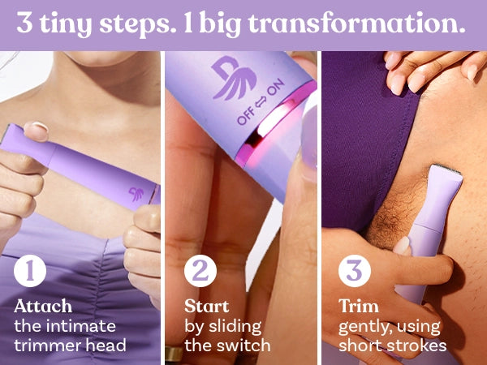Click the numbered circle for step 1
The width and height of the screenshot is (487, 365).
(30, 271)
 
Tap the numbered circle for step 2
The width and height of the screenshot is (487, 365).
(200, 271)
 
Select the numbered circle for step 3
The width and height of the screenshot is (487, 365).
(355, 271)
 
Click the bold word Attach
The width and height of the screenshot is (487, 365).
(43, 307)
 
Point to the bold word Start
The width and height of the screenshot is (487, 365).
(206, 307)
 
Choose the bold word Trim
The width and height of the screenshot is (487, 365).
(359, 307)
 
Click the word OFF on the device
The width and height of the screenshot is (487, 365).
(245, 117)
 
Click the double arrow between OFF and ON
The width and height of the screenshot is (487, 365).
(261, 102)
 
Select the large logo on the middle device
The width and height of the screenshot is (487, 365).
(235, 77)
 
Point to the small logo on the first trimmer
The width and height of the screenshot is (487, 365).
(136, 194)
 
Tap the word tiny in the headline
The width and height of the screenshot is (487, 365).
(66, 24)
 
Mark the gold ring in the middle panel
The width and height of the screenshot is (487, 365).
(174, 354)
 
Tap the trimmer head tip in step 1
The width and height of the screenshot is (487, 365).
(9, 132)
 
